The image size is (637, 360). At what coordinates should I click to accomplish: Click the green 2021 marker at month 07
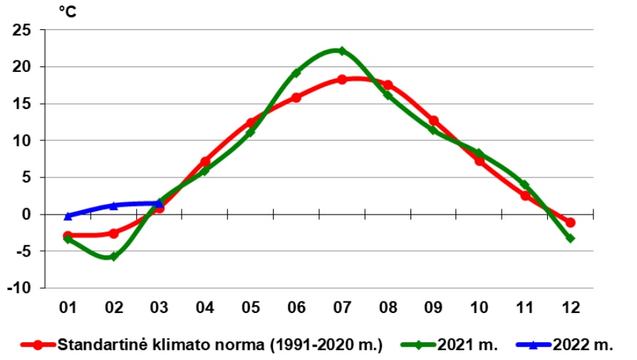click(x=342, y=51)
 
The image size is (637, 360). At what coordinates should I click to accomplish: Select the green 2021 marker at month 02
click(x=113, y=256)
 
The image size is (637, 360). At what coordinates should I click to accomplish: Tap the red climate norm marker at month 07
click(x=342, y=79)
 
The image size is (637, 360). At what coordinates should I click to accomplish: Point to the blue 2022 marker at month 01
click(x=68, y=216)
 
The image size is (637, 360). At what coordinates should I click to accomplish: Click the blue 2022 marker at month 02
click(x=113, y=206)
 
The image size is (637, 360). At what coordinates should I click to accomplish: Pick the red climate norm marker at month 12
click(x=570, y=222)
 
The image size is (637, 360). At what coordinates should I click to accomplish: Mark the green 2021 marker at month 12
click(x=570, y=238)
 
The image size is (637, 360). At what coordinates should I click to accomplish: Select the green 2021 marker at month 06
click(x=296, y=73)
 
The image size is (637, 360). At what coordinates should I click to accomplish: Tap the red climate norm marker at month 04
click(x=205, y=162)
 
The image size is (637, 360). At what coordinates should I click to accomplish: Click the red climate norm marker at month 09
click(x=433, y=120)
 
